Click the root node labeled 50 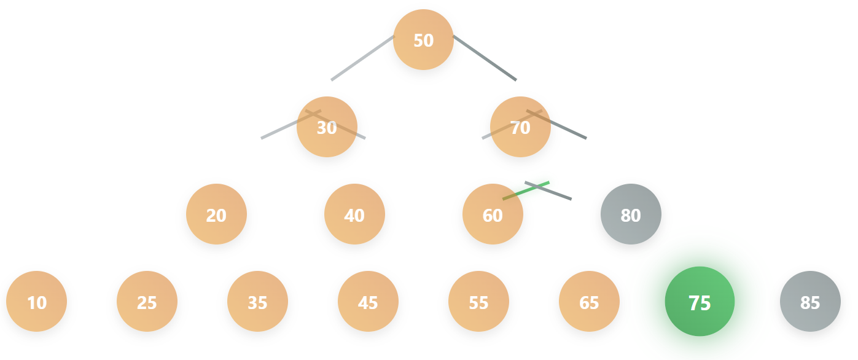pyautogui.click(x=423, y=40)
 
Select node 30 pyautogui.click(x=327, y=127)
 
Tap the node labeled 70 pyautogui.click(x=520, y=127)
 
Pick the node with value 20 pyautogui.click(x=216, y=214)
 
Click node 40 pyautogui.click(x=354, y=214)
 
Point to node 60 pyautogui.click(x=493, y=214)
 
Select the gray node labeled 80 pyautogui.click(x=631, y=214)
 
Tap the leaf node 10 pyautogui.click(x=37, y=302)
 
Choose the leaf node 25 pyautogui.click(x=147, y=302)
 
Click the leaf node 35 pyautogui.click(x=257, y=302)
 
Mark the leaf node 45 pyautogui.click(x=368, y=302)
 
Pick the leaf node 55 pyautogui.click(x=478, y=302)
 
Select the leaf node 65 pyautogui.click(x=589, y=302)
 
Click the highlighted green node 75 pyautogui.click(x=700, y=302)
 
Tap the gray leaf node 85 pyautogui.click(x=810, y=302)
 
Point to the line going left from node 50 pyautogui.click(x=362, y=58)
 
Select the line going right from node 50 pyautogui.click(x=485, y=58)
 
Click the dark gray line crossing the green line pyautogui.click(x=559, y=195)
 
